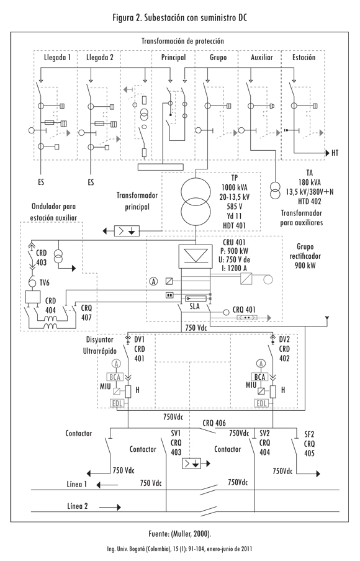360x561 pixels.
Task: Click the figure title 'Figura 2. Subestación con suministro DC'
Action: [x=179, y=17]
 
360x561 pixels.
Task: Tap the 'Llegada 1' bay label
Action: [x=57, y=57]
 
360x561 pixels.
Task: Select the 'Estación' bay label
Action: [x=304, y=57]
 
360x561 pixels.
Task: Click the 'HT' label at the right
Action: [x=335, y=153]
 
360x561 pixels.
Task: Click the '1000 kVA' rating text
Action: [x=235, y=187]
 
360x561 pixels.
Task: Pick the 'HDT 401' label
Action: [x=235, y=225]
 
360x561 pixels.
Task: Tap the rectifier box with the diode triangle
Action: [x=196, y=256]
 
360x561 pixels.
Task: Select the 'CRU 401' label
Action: [x=235, y=242]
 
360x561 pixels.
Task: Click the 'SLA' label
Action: [x=194, y=307]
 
